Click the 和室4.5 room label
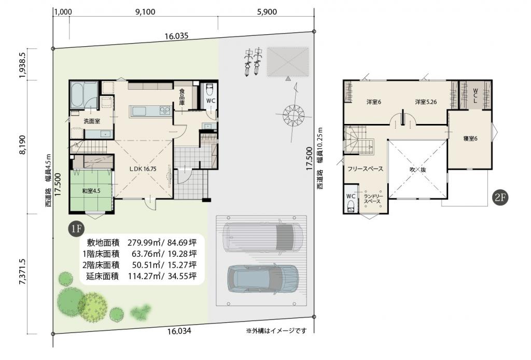pyautogui.click(x=91, y=191)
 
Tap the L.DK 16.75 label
pyautogui.click(x=143, y=169)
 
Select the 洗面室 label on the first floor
pyautogui.click(x=92, y=121)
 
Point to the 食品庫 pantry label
pyautogui.click(x=182, y=96)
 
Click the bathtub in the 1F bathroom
pyautogui.click(x=78, y=95)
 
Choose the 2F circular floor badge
pyautogui.click(x=500, y=198)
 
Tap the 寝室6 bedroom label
pyautogui.click(x=470, y=139)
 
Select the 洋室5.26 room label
pyautogui.click(x=426, y=102)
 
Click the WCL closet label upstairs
pyautogui.click(x=475, y=96)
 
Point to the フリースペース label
pyautogui.click(x=365, y=169)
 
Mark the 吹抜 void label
pyautogui.click(x=418, y=170)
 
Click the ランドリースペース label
pyautogui.click(x=372, y=199)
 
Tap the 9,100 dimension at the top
pyautogui.click(x=145, y=12)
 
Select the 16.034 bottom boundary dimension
pyautogui.click(x=179, y=331)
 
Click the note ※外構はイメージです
pyautogui.click(x=276, y=331)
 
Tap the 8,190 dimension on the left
pyautogui.click(x=22, y=145)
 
